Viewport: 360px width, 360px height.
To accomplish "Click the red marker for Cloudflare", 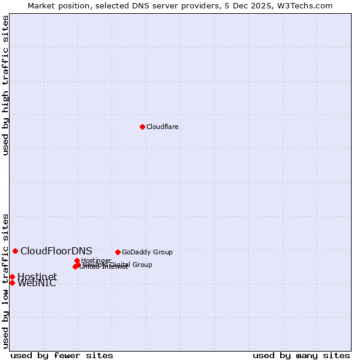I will click(x=142, y=127).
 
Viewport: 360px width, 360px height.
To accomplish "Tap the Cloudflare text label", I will click(x=163, y=127).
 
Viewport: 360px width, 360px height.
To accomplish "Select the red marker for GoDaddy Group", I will click(x=118, y=252).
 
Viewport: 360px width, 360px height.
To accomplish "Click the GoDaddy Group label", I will click(x=147, y=252).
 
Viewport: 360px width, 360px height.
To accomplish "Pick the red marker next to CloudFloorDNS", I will click(x=15, y=251).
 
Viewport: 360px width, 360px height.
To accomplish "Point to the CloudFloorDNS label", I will click(x=56, y=251).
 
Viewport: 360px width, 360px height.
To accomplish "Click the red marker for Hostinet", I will click(x=12, y=277).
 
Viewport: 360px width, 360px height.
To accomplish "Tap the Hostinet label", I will click(x=37, y=277).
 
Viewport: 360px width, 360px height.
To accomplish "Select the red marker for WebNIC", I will click(x=12, y=283).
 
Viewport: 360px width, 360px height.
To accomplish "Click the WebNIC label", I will click(x=37, y=284).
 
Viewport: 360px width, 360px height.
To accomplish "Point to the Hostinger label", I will click(x=96, y=260).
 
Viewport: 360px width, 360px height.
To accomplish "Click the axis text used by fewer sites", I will click(x=62, y=355).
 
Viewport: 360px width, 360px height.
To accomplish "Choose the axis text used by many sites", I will click(x=301, y=355).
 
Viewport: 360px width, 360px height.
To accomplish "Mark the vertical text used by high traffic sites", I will click(x=5, y=86).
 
